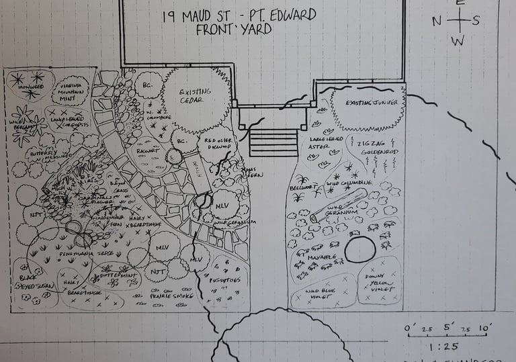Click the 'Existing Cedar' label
tap(195, 96)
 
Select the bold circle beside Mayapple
tap(361, 249)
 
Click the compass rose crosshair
tap(458, 20)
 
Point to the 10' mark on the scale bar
tap(484, 328)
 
